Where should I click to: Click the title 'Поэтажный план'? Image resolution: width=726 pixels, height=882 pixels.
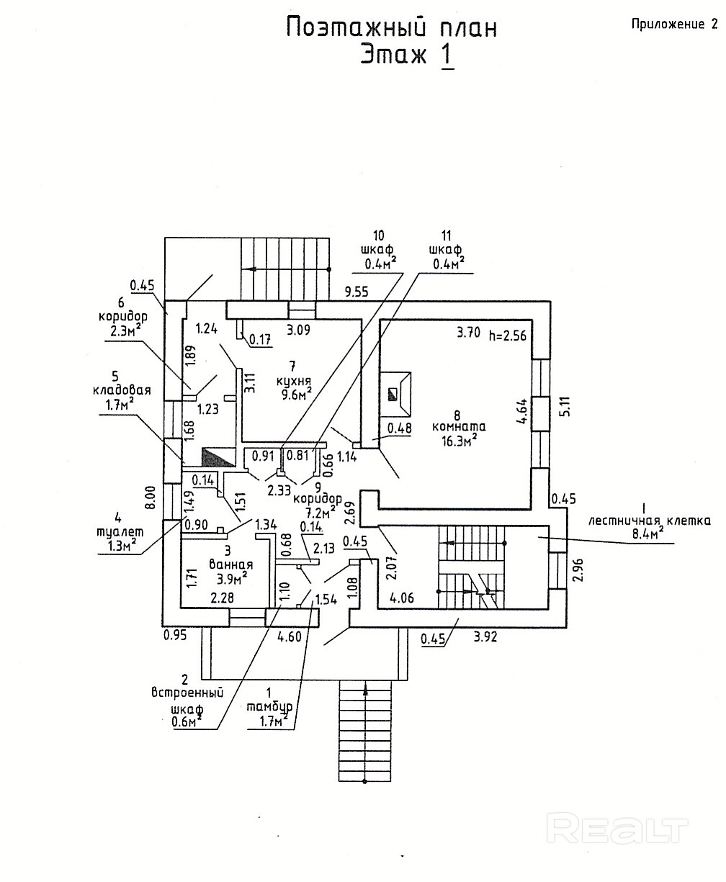392,27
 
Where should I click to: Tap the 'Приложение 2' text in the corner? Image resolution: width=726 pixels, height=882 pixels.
674,24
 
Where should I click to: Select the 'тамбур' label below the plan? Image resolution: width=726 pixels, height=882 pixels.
267,708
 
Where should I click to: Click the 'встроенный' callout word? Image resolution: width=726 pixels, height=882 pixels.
187,692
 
